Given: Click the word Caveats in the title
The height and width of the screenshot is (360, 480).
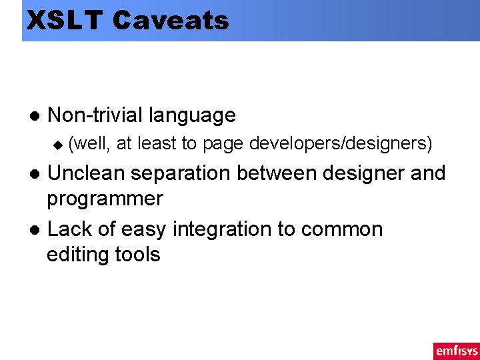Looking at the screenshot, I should [171, 20].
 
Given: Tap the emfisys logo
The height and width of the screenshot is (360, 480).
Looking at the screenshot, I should [456, 350].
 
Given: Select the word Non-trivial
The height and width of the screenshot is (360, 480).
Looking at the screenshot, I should [95, 115].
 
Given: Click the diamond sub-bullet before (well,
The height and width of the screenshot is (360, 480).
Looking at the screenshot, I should [57, 143].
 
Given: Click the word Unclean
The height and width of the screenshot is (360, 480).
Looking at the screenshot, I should [87, 173].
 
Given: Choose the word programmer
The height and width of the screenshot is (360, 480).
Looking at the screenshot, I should [105, 199].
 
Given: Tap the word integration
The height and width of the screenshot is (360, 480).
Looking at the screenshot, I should [223, 229].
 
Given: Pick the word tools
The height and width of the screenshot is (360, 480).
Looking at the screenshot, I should [138, 254].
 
